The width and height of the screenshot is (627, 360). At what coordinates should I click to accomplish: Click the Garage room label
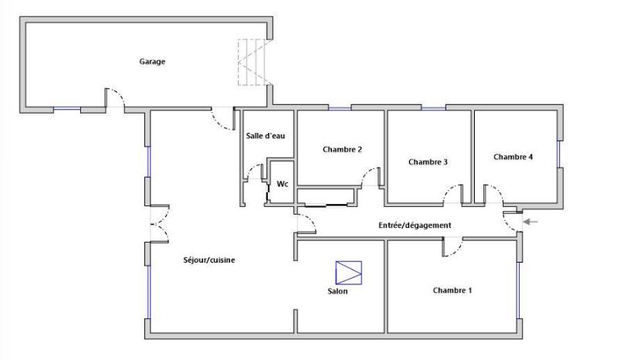[x=152, y=62]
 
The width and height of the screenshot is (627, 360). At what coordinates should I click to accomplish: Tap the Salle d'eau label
[x=266, y=136]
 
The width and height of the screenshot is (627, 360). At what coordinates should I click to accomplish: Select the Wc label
[x=283, y=184]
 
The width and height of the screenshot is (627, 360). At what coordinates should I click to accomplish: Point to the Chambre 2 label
[x=342, y=150]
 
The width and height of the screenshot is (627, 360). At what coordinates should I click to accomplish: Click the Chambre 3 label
[x=428, y=162]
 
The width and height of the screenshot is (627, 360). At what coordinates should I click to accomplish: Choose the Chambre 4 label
[x=513, y=157]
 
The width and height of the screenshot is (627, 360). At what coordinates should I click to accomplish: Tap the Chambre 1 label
[x=452, y=290]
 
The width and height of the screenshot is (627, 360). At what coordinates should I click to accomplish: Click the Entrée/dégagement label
[x=415, y=226]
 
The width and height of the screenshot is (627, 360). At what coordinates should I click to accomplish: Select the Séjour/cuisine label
[x=209, y=260]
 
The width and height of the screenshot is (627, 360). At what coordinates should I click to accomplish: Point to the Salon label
[x=337, y=291]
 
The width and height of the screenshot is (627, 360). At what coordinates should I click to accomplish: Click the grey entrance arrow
[x=530, y=222]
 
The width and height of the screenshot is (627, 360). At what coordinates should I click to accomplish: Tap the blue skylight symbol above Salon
[x=349, y=273]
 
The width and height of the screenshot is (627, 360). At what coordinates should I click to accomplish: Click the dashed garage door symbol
[x=255, y=62]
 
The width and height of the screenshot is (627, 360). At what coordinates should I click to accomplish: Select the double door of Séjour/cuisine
[x=159, y=223]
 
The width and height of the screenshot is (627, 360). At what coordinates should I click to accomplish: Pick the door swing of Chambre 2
[x=371, y=177]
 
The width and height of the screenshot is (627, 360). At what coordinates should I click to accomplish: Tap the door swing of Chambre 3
[x=453, y=194]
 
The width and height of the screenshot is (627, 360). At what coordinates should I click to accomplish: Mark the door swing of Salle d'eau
[x=256, y=172]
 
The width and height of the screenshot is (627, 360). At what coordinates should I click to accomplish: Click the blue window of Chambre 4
[x=559, y=154]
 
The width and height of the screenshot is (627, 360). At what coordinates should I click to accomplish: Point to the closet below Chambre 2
[x=327, y=196]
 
